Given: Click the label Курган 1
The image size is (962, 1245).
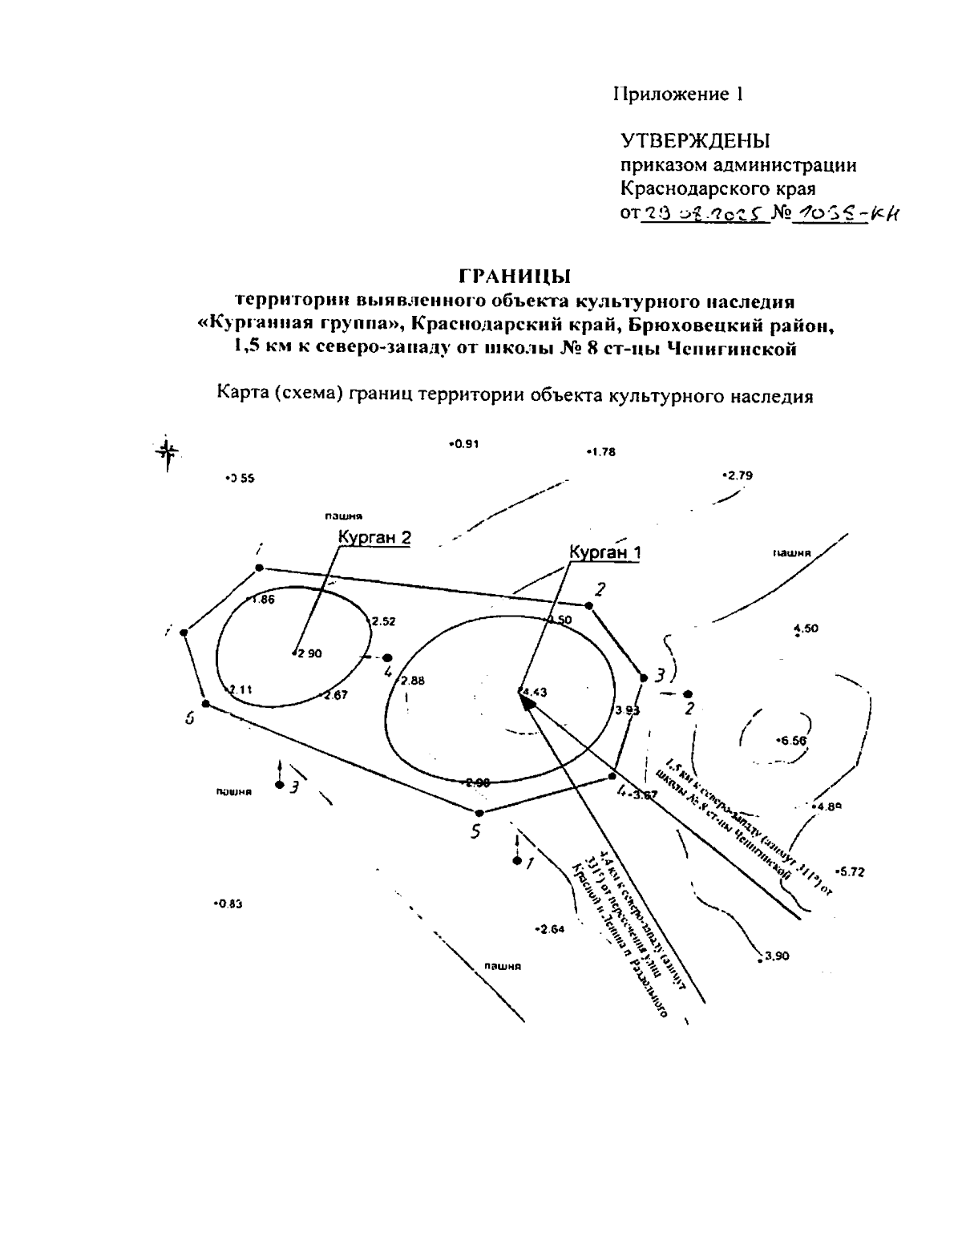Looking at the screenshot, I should (x=605, y=552).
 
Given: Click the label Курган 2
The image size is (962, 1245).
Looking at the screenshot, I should (x=374, y=538).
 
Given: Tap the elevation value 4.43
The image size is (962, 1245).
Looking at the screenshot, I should (x=535, y=692).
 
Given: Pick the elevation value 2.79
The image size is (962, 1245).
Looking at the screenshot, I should (x=738, y=475).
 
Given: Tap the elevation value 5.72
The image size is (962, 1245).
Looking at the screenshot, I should (x=851, y=871).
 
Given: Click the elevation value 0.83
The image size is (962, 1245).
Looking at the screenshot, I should (x=229, y=904).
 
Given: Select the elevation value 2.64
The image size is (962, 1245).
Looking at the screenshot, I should (x=551, y=929).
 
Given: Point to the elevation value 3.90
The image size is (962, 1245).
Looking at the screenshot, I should (x=776, y=956).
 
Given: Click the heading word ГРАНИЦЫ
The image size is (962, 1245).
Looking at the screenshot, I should (x=514, y=277).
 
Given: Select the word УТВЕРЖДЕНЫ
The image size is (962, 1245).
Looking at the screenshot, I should (x=695, y=141).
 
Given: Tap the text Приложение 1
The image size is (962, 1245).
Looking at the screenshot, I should (x=678, y=94).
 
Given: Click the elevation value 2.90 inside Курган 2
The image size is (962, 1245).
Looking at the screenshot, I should (x=309, y=653).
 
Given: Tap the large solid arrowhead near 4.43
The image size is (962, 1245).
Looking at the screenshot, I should (x=527, y=701).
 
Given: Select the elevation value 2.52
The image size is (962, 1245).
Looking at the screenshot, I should (x=383, y=621).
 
